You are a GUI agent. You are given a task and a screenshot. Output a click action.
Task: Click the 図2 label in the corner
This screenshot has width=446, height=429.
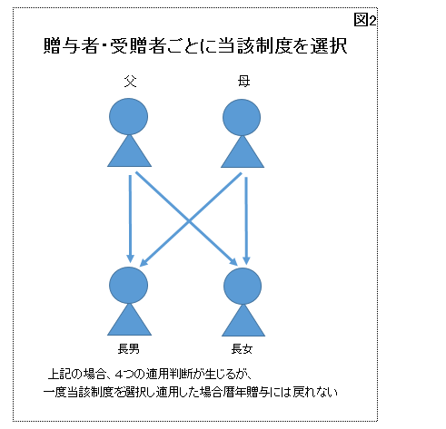click(365, 20)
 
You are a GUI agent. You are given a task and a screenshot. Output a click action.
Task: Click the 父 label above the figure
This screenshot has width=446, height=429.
click(130, 81)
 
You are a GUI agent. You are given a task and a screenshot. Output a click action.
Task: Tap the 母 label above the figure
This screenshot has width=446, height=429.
click(243, 81)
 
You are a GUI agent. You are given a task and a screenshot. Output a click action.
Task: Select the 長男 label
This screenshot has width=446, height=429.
click(129, 349)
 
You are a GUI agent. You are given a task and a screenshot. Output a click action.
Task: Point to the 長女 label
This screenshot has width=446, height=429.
click(242, 349)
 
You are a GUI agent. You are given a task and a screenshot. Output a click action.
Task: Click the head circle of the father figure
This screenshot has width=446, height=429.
click(129, 116)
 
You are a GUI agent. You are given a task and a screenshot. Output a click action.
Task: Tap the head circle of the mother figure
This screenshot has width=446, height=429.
click(242, 117)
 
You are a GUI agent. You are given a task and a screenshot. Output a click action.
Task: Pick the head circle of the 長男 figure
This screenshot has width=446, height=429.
click(129, 285)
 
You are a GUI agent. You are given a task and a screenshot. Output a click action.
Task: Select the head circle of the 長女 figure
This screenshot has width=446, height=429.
click(243, 286)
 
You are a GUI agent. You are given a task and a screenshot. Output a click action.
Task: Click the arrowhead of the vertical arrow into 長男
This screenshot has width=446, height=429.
click(130, 258)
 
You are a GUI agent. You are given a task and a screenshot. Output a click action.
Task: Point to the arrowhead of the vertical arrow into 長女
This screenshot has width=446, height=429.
click(246, 260)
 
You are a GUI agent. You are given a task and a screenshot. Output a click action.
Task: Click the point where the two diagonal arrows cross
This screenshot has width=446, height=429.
click(189, 221)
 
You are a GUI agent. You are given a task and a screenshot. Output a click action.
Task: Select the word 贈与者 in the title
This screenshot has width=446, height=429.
click(71, 46)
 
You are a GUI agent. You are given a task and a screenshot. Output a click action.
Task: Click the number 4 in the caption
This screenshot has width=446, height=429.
click(120, 375)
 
